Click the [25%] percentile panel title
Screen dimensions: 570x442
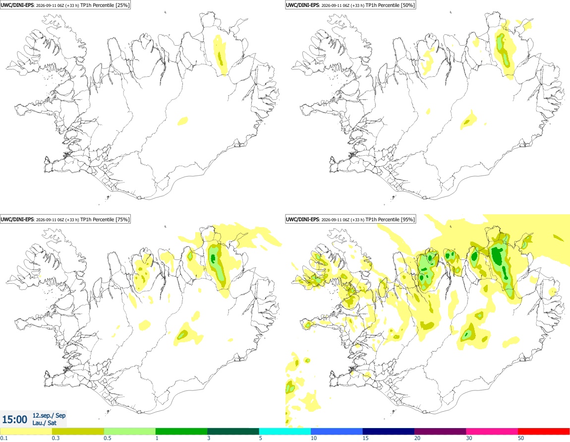click(65, 5)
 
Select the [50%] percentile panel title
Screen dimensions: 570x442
click(350, 5)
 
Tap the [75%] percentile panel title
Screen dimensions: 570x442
click(65, 219)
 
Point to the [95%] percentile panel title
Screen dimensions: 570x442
click(350, 219)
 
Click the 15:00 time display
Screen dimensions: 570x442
click(14, 420)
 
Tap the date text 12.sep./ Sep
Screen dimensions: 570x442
click(49, 415)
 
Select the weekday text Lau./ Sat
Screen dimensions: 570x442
click(44, 423)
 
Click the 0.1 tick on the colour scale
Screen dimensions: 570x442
click(3, 439)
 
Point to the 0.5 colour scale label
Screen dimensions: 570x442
click(108, 439)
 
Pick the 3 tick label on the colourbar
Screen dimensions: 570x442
click(209, 439)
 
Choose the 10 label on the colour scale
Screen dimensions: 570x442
click(313, 439)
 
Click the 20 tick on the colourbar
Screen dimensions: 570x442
click(417, 439)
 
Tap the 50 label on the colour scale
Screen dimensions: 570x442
click(521, 439)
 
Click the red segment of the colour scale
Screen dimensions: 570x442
click(544, 432)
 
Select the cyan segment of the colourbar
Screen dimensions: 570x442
click(285, 432)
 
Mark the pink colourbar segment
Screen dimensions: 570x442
click(492, 432)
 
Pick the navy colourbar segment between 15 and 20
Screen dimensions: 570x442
click(389, 432)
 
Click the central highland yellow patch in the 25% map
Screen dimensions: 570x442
click(183, 121)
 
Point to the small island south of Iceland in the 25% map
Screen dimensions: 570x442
click(108, 198)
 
